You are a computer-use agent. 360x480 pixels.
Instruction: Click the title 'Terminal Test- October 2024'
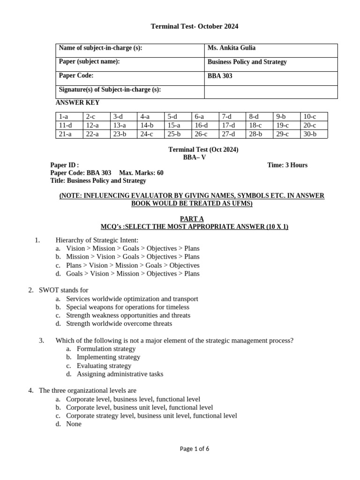pos(194,27)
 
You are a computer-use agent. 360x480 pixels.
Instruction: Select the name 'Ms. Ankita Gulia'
pos(232,48)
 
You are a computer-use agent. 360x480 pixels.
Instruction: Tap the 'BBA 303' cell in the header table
pos(220,76)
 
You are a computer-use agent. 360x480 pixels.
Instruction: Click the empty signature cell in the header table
pos(270,92)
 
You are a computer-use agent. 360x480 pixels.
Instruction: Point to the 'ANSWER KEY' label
pos(77,103)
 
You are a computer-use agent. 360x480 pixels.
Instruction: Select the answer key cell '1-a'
pos(63,117)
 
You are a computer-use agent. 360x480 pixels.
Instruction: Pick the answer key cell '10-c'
pos(309,117)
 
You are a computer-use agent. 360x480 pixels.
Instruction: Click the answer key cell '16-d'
pos(201,125)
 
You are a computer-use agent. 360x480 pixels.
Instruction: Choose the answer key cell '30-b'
pos(309,134)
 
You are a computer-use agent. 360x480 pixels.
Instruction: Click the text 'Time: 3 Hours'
pos(287,165)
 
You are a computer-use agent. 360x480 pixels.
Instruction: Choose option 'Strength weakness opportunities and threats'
pos(128,315)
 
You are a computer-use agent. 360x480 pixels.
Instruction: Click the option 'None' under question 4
pos(74,424)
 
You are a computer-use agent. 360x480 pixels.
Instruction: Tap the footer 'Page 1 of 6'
pos(194,449)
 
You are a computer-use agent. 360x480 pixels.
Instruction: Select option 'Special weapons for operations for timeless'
pos(127,307)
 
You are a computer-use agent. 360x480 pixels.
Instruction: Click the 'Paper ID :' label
pos(65,165)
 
